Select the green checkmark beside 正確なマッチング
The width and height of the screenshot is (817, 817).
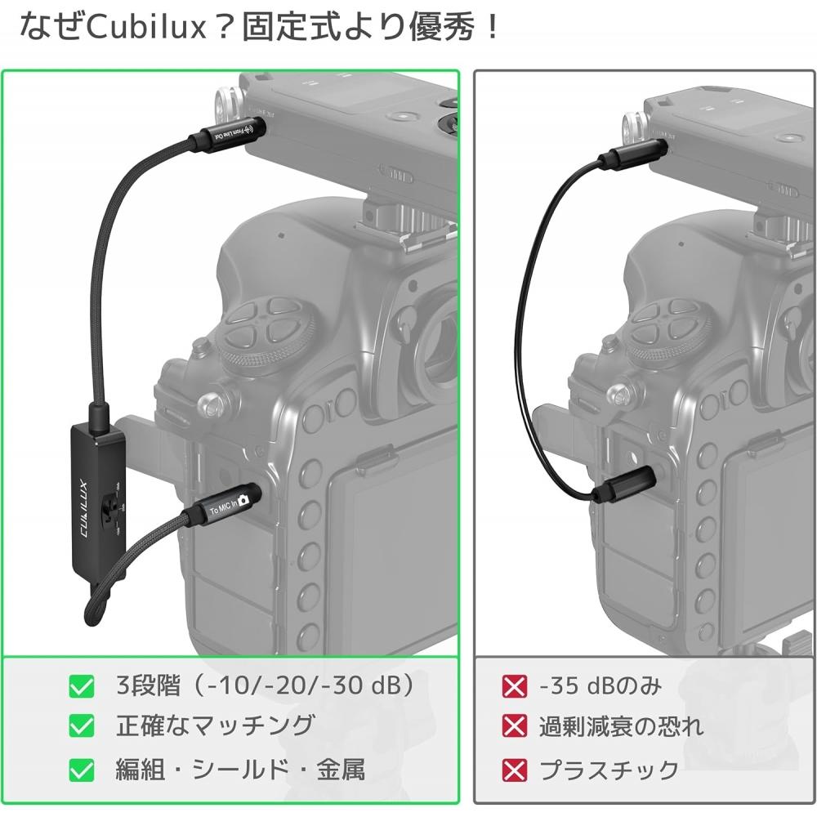[x=82, y=725]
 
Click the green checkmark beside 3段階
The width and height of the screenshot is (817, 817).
[x=82, y=686]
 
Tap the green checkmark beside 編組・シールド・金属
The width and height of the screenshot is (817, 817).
[x=82, y=769]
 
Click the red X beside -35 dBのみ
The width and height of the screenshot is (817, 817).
[x=514, y=686]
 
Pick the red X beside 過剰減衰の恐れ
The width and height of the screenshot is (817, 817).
[x=514, y=725]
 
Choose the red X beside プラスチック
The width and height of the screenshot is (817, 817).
[x=514, y=769]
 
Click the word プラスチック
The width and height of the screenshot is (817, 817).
[x=609, y=769]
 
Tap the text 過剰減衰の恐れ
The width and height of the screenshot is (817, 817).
[x=620, y=725]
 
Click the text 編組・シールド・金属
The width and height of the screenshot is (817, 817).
[x=240, y=769]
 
